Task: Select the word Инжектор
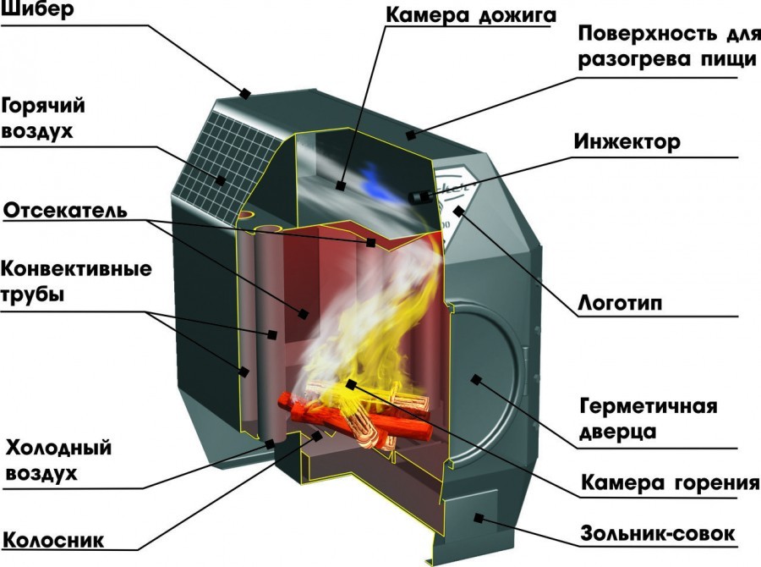626,142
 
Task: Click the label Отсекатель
65,209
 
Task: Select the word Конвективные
77,270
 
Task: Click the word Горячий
44,107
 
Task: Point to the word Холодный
58,448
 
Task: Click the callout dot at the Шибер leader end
248,93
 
